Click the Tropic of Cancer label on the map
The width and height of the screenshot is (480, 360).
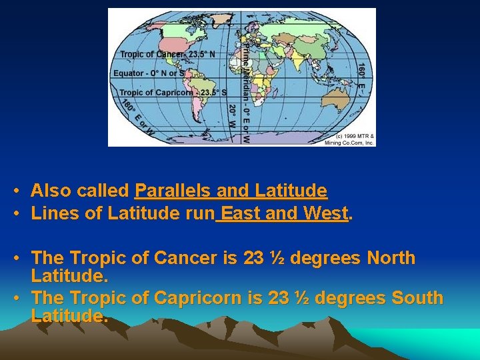coord(167,55)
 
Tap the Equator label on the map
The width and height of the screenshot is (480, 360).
coord(151,73)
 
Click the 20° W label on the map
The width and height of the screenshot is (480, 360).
coord(232,115)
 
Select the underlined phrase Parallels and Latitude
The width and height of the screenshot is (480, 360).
coord(231,191)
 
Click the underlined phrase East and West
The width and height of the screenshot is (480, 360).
coord(283,214)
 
